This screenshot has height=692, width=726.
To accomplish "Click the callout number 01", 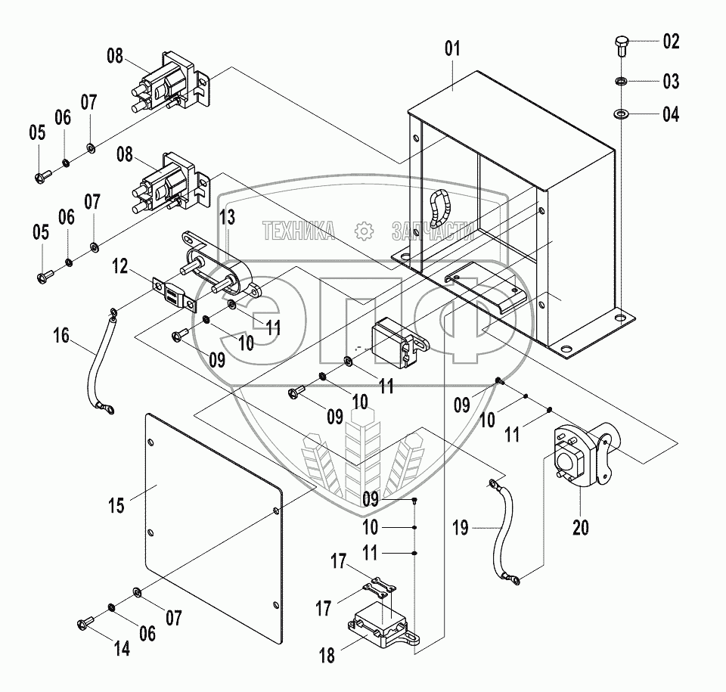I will [452, 51].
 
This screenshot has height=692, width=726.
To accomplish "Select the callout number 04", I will [671, 115].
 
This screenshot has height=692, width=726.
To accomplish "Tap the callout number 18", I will [327, 655].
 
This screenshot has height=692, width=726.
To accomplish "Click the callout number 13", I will [228, 219].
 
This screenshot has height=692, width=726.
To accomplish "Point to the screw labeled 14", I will [84, 624].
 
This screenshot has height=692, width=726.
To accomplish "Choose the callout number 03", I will [671, 81].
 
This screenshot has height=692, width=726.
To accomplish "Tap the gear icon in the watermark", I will [364, 230].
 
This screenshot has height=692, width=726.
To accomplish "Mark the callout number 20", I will [581, 527].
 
